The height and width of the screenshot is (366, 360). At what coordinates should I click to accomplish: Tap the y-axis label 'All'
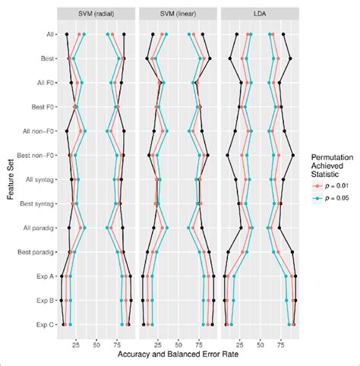tap(48, 34)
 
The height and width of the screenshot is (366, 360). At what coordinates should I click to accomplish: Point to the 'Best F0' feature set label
tap(41, 107)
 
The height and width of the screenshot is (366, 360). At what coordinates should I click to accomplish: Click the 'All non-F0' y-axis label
tap(37, 131)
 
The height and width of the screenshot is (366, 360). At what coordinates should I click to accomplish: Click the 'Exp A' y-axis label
tap(43, 276)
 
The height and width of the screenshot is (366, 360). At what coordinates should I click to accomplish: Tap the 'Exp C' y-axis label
tap(43, 324)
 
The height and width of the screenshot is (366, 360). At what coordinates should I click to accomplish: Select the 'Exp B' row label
tap(43, 301)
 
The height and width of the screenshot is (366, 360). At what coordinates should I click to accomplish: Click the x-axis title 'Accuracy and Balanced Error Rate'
tap(178, 354)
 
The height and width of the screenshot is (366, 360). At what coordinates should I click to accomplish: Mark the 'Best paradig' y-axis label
tap(36, 252)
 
